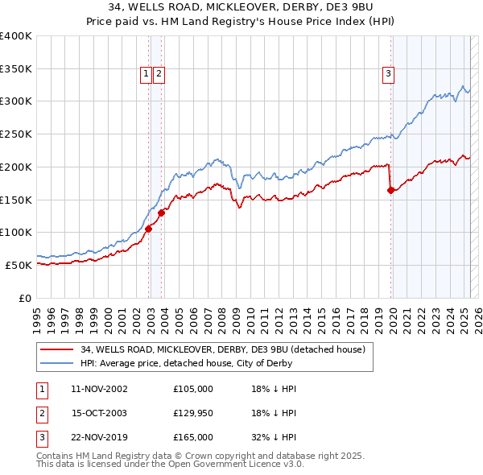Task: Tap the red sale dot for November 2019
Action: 391,190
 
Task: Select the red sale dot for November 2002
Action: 149,229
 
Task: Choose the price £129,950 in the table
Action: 193,413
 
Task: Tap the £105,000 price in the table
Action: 193,389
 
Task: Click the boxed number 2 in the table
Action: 41,413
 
